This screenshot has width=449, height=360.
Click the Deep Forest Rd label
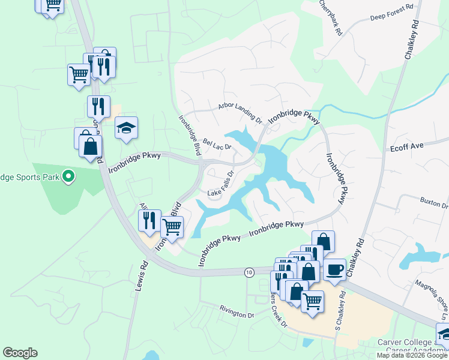click(x=392, y=8)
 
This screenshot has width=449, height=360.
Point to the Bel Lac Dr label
click(x=217, y=146)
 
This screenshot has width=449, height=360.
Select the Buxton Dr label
click(x=434, y=202)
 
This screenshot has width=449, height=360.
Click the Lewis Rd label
click(x=140, y=276)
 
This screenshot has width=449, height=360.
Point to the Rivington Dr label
click(x=237, y=313)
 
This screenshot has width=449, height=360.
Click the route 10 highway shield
click(x=249, y=272)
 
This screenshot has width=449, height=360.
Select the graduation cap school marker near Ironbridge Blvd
click(x=127, y=128)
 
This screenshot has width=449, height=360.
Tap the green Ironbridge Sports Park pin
click(x=68, y=176)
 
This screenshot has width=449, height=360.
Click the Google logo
click(x=20, y=353)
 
